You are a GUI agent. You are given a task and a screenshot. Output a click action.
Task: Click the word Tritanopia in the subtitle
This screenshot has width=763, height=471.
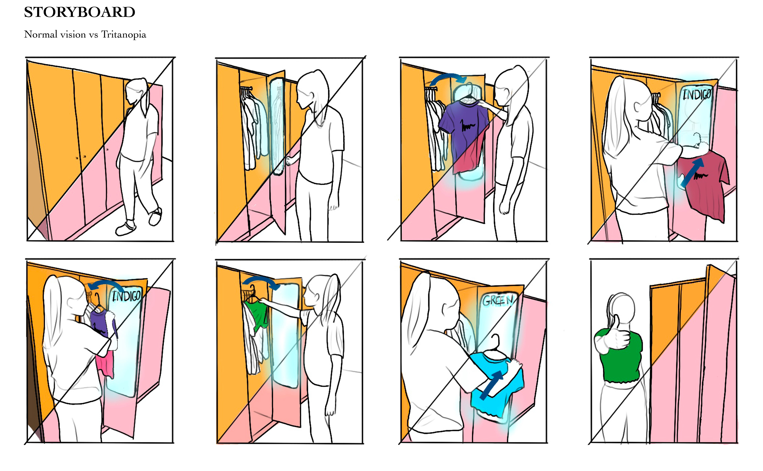click(124, 35)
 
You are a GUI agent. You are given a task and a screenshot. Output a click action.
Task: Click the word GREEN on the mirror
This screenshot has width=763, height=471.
click(498, 300)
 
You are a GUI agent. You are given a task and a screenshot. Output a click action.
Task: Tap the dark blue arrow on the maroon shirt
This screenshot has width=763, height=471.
click(692, 173)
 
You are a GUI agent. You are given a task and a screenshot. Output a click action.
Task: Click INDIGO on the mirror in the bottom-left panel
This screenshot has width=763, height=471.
click(126, 296)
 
